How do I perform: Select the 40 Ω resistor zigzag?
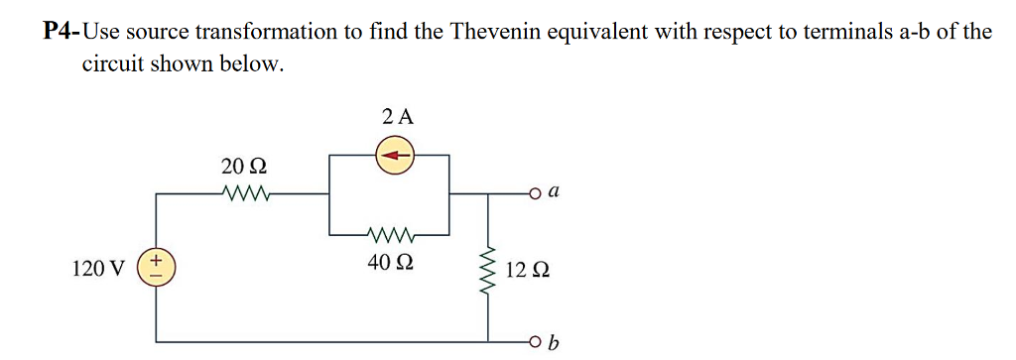click(389, 235)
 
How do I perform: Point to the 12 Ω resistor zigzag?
click(487, 271)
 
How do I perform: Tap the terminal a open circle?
click(534, 194)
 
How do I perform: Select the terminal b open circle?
click(534, 342)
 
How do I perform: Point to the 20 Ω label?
click(243, 165)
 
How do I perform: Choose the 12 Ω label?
click(527, 270)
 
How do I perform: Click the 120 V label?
click(98, 269)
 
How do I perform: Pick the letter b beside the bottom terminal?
click(554, 343)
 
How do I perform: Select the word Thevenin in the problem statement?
click(492, 31)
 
